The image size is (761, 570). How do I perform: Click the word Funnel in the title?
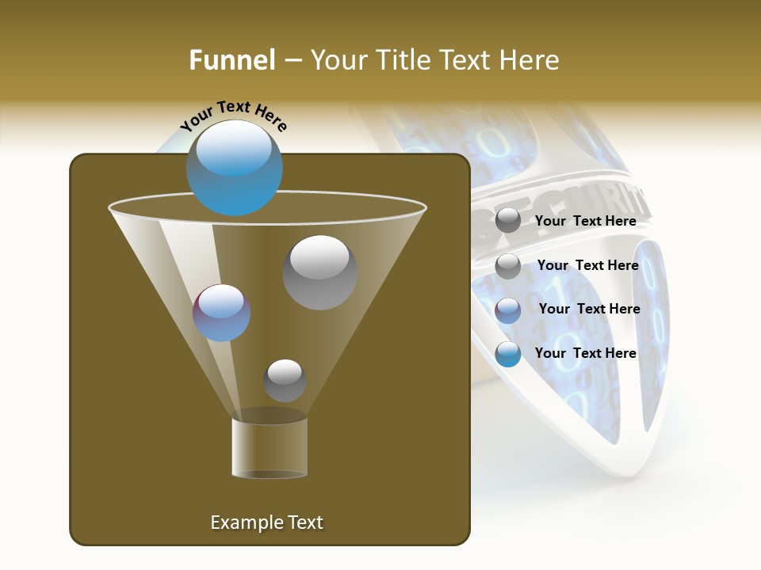[x=232, y=59]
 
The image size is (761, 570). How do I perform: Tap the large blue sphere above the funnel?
[x=235, y=167]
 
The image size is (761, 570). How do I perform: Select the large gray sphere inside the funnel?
[x=319, y=272]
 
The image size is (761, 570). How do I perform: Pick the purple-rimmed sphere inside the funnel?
[x=221, y=313]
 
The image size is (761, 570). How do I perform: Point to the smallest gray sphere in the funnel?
[x=285, y=380]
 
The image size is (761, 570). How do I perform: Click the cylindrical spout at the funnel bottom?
[x=270, y=447]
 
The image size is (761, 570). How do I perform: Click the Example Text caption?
[x=266, y=522]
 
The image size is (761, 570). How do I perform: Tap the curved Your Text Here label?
[x=233, y=116]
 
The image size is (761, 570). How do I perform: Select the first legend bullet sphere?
[x=508, y=221]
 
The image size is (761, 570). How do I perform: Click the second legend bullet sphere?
[x=508, y=266]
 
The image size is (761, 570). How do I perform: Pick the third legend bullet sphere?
[x=508, y=310]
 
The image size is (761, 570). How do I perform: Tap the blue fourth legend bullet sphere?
[x=508, y=354]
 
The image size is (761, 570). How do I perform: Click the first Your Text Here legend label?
[x=585, y=221]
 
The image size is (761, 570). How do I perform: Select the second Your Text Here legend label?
[x=587, y=265]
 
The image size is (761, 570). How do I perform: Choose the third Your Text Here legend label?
[x=589, y=309]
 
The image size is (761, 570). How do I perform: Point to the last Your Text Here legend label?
[x=585, y=353]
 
